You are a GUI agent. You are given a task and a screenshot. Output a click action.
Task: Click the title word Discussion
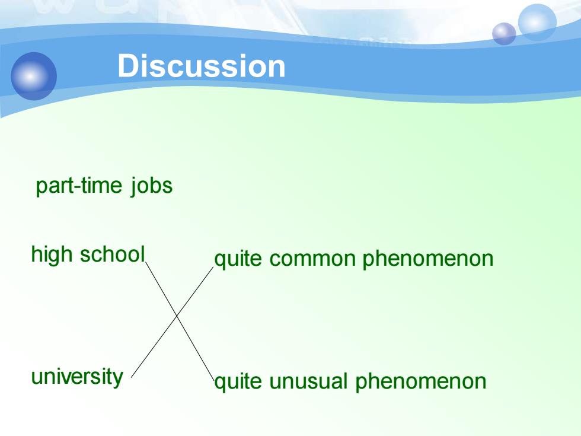click(201, 66)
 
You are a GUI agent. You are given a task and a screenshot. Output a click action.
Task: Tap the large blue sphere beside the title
click(34, 76)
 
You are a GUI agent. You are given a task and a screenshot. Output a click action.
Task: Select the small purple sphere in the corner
click(504, 34)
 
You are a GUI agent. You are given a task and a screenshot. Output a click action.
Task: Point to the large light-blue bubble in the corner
click(537, 23)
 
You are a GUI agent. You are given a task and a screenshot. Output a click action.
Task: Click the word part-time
click(79, 185)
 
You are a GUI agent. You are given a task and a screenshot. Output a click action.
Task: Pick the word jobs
click(152, 185)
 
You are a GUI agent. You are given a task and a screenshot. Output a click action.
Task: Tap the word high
click(52, 254)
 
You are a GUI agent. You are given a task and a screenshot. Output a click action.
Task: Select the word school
click(113, 254)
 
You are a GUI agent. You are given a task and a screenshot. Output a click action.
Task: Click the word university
click(77, 377)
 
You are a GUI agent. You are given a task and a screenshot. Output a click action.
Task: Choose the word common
click(313, 259)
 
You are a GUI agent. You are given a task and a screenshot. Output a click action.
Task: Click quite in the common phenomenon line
click(238, 259)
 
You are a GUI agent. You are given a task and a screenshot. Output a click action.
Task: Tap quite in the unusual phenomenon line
click(238, 381)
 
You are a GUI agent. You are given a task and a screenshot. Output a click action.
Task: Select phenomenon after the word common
click(428, 259)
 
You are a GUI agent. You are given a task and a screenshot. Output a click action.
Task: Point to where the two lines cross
click(177, 316)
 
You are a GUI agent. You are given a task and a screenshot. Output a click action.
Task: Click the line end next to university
click(132, 377)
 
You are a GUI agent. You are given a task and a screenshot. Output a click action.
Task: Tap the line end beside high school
click(146, 262)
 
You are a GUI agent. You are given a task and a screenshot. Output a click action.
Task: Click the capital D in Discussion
click(127, 66)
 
